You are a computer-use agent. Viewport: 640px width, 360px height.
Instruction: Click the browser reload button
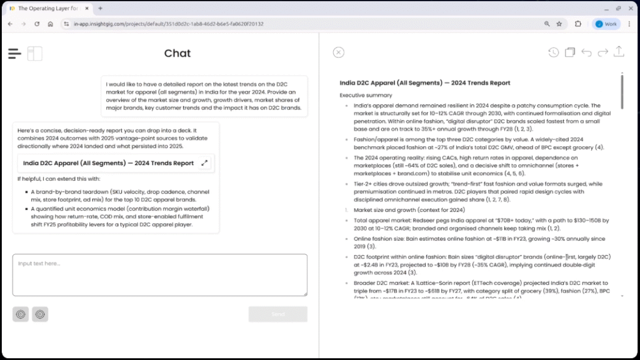pyautogui.click(x=37, y=24)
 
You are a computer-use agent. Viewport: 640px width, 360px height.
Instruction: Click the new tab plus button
pyautogui.click(x=100, y=8)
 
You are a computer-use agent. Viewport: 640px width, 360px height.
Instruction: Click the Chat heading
pyautogui.click(x=177, y=54)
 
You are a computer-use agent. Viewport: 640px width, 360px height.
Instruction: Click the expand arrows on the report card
pyautogui.click(x=204, y=163)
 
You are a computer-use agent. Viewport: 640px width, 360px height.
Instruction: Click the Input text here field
pyautogui.click(x=159, y=274)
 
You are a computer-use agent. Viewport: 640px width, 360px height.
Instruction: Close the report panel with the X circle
pyautogui.click(x=338, y=52)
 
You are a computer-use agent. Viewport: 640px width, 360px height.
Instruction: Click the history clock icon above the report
pyautogui.click(x=553, y=52)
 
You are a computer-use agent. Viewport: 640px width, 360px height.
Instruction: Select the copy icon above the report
pyautogui.click(x=569, y=52)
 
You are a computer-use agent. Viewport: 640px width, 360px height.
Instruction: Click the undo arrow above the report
pyautogui.click(x=586, y=52)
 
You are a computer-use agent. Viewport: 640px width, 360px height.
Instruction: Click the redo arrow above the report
pyautogui.click(x=602, y=52)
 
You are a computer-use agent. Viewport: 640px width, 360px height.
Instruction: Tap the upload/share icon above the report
pyautogui.click(x=619, y=52)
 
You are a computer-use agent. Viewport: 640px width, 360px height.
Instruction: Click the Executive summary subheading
pyautogui.click(x=366, y=95)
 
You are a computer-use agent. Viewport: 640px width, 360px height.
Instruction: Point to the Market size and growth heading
pyautogui.click(x=398, y=210)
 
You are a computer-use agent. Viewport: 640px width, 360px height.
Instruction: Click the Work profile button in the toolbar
pyautogui.click(x=606, y=24)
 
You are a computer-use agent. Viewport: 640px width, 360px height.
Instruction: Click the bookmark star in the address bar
pyautogui.click(x=559, y=24)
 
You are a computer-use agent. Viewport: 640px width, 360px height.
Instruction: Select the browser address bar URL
pyautogui.click(x=169, y=24)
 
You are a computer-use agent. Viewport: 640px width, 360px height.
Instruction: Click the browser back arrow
pyautogui.click(x=9, y=24)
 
